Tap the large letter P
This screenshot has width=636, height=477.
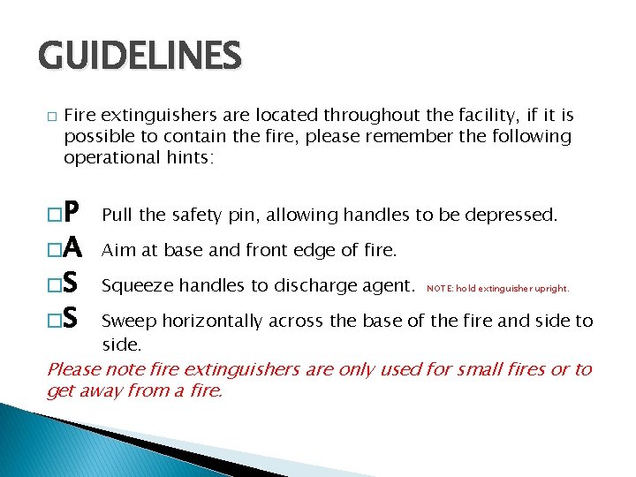click(x=73, y=213)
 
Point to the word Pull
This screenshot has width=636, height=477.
click(x=117, y=215)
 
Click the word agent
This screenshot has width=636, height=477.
click(x=390, y=286)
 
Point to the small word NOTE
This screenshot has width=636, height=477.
click(x=439, y=289)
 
